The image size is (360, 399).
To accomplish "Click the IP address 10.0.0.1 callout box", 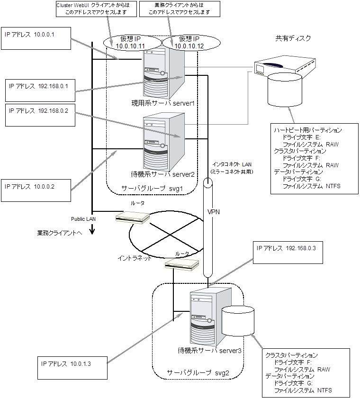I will point(36,38).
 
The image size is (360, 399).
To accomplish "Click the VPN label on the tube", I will point(214,212).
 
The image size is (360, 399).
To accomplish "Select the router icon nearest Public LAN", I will point(132,217).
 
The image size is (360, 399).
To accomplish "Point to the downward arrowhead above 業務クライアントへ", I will point(92,231).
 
